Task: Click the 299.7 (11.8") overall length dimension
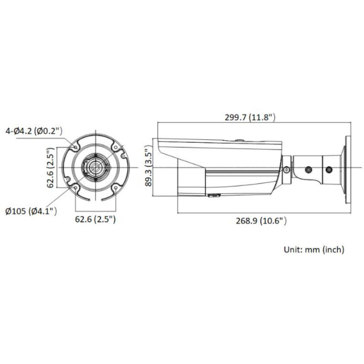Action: (250, 117)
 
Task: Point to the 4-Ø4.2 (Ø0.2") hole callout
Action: (33, 131)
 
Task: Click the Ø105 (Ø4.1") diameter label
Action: (30, 211)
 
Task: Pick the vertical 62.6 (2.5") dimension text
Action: (51, 167)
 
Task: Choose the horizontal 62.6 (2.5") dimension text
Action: (95, 219)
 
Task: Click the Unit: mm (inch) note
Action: (313, 249)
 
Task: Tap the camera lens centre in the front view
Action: (95, 167)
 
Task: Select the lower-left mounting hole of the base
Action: (75, 187)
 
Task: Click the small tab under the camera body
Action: (214, 196)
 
